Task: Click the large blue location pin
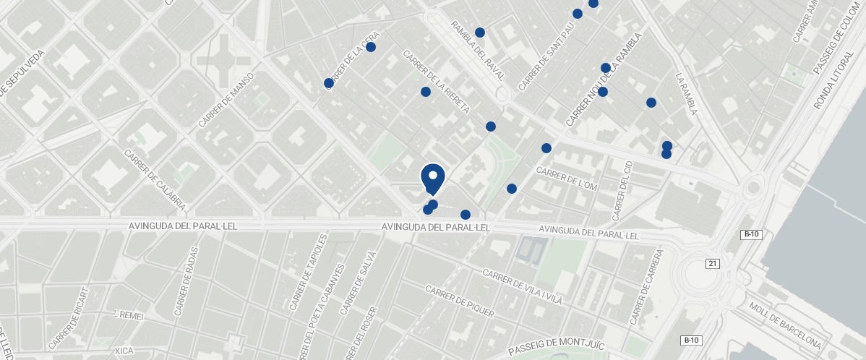tap(432, 178)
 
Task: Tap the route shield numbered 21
tap(713, 264)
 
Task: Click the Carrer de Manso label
tap(226, 100)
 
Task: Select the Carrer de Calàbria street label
tap(155, 181)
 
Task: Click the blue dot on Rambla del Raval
tap(480, 33)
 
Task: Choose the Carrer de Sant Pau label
tap(546, 56)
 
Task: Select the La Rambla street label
tap(686, 93)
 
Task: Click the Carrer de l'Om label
tap(567, 179)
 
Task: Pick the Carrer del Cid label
tap(622, 192)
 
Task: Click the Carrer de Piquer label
tap(459, 301)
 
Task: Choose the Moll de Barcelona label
tap(785, 325)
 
